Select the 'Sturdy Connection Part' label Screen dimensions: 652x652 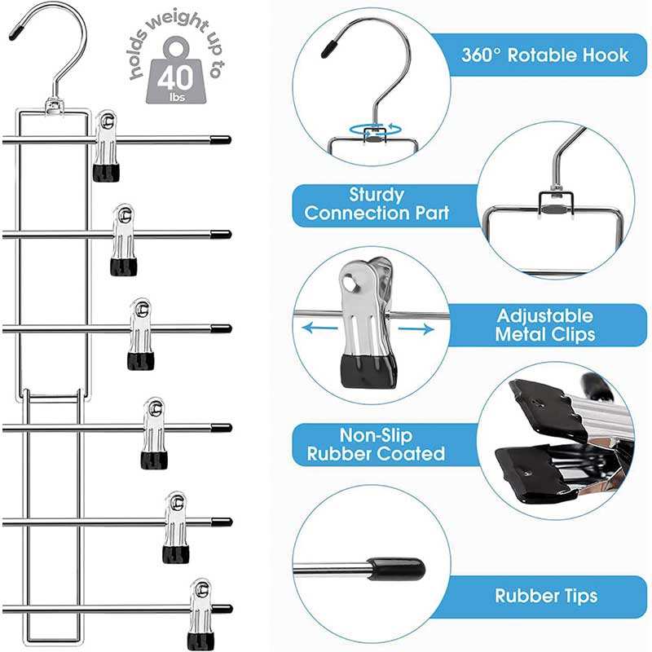pyautogui.click(x=377, y=205)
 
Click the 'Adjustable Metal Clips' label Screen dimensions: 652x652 pyautogui.click(x=545, y=324)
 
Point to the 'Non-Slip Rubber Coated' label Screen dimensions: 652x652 pyautogui.click(x=376, y=444)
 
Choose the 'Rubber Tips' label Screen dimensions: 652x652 pyautogui.click(x=546, y=596)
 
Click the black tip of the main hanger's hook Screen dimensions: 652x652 pyautogui.click(x=15, y=35)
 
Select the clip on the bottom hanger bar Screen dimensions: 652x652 pyautogui.click(x=199, y=613)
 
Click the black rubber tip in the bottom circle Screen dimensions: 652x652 pyautogui.click(x=397, y=568)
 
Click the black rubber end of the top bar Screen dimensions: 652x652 pyautogui.click(x=220, y=139)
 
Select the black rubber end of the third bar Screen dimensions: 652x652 pyautogui.click(x=221, y=329)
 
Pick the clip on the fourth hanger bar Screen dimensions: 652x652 pyautogui.click(x=152, y=432)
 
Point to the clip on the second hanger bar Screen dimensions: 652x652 pyautogui.click(x=123, y=240)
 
